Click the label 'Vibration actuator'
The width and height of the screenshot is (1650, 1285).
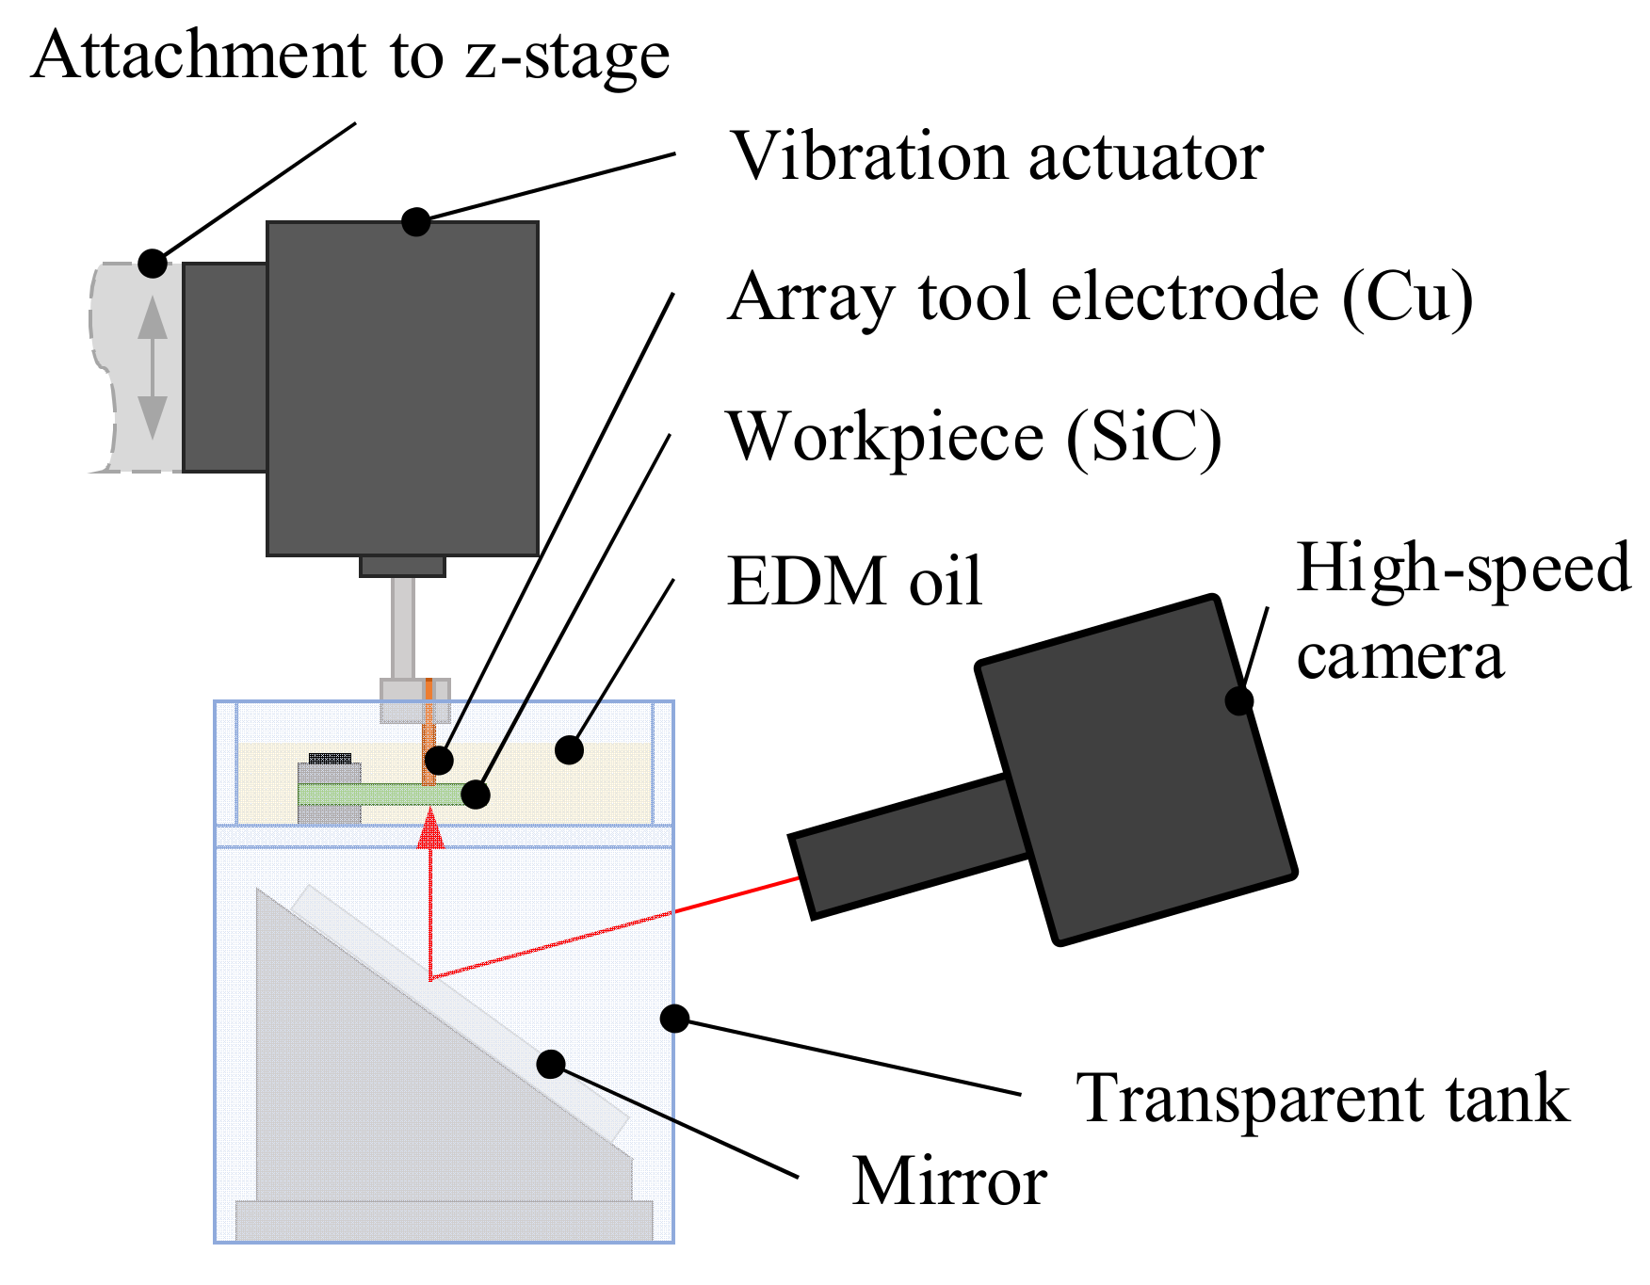pos(996,156)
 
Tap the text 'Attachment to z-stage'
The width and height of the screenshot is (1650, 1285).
pos(350,55)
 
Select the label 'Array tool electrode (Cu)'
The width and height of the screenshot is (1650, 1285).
pos(1100,297)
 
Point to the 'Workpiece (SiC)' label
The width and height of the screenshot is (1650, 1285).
pos(974,438)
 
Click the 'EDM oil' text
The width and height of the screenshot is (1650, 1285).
pos(854,581)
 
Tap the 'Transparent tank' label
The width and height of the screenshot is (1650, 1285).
pos(1322,1099)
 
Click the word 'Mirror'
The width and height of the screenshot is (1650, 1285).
pos(949,1181)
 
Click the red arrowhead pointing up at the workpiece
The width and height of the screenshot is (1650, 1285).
pos(430,830)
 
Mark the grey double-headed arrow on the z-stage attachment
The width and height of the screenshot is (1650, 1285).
pos(153,367)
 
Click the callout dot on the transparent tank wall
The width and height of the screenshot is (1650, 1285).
pos(674,1018)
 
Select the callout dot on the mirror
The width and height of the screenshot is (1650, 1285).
pos(551,1064)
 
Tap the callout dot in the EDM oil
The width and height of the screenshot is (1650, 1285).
pos(569,749)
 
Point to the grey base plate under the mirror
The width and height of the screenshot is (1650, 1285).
pos(443,1220)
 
